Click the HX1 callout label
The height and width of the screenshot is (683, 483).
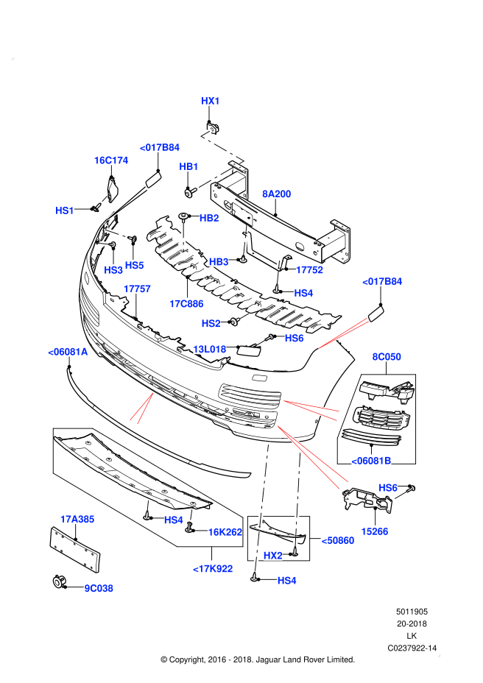coord(211,100)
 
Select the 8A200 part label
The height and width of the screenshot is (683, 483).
coord(277,194)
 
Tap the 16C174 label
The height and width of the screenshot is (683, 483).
coord(111,160)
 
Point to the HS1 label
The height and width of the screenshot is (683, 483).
coord(65,210)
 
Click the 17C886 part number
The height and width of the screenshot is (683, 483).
coord(186,302)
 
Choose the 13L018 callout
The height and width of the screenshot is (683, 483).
coord(209,348)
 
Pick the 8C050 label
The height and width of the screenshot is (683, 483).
coord(386,357)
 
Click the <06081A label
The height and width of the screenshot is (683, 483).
coord(68,352)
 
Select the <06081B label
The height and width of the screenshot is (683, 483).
coord(371,461)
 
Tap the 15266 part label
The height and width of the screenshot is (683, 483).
coord(374,531)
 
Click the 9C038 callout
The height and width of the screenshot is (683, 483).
coord(99,588)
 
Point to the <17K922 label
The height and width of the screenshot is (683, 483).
coord(213,568)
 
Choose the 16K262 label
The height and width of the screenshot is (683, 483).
coord(225,531)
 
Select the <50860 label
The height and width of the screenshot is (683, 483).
coord(337,540)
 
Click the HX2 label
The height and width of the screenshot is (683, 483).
coord(273,555)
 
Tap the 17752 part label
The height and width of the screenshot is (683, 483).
coord(309,270)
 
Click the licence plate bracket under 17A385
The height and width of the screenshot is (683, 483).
coord(74,548)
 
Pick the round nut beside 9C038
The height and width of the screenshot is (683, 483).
coord(56,583)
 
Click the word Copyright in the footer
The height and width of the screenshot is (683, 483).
coord(193,659)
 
